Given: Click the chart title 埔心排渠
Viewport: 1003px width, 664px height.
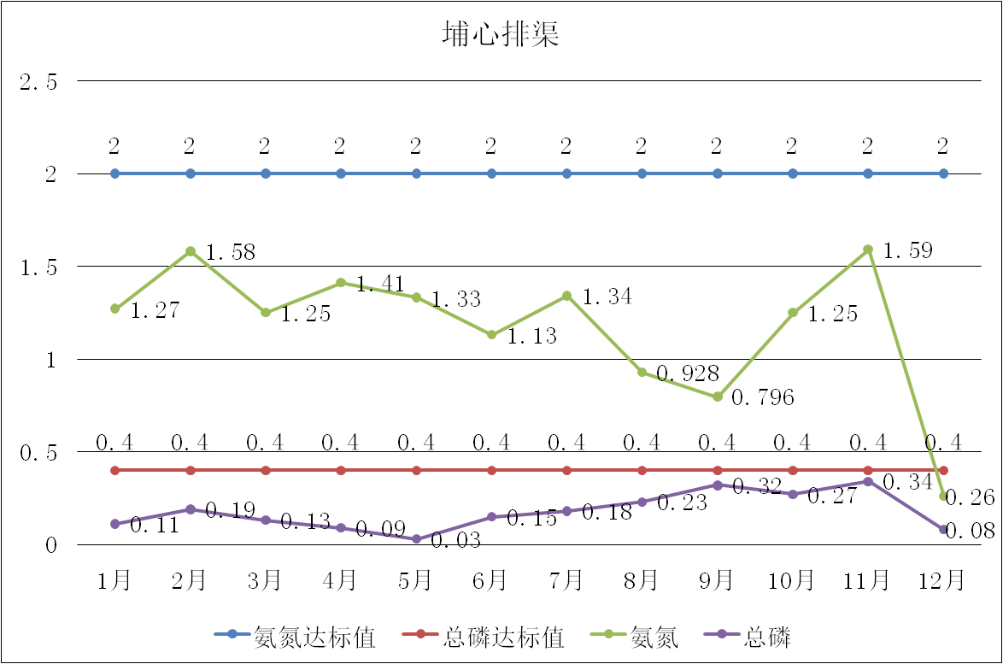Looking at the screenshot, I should [x=501, y=33].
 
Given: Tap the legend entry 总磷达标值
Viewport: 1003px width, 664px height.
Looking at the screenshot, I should [x=503, y=637].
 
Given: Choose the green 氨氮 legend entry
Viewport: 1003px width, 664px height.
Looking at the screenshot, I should [x=654, y=637].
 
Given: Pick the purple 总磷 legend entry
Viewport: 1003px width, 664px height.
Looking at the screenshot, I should [x=767, y=637].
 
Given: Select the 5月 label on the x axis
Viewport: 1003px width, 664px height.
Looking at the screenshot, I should [x=416, y=581].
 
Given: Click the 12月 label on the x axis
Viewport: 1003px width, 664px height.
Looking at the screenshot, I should [x=942, y=581].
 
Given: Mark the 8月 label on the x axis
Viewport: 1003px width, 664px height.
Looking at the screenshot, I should [x=642, y=581].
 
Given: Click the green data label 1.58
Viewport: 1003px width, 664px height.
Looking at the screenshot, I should [x=231, y=253].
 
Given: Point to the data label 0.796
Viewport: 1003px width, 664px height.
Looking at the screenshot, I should [x=763, y=397].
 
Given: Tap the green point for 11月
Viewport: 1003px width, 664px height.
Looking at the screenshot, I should [x=868, y=250].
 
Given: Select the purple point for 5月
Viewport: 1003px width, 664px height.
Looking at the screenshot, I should [x=417, y=539].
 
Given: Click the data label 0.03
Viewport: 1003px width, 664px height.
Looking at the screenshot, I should [x=455, y=541].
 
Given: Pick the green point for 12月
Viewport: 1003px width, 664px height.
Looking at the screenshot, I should [x=943, y=497].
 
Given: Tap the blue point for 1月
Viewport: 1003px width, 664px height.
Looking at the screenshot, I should [x=115, y=173].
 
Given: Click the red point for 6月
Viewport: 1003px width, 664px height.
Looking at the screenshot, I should [x=492, y=470].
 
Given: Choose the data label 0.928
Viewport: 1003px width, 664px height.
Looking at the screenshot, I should [x=688, y=373].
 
